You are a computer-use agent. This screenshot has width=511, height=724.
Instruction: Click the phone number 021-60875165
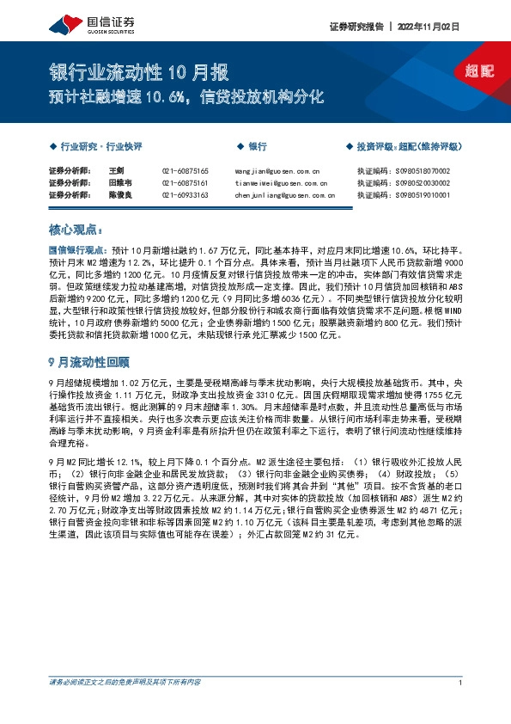tap(185, 171)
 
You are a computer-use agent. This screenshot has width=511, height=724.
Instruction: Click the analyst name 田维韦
tap(119, 183)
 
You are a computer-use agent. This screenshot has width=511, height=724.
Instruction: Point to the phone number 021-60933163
tap(185, 195)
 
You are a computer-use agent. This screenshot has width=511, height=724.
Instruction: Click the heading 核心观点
tap(75, 230)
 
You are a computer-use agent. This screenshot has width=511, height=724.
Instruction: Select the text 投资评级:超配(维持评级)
tap(410, 147)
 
